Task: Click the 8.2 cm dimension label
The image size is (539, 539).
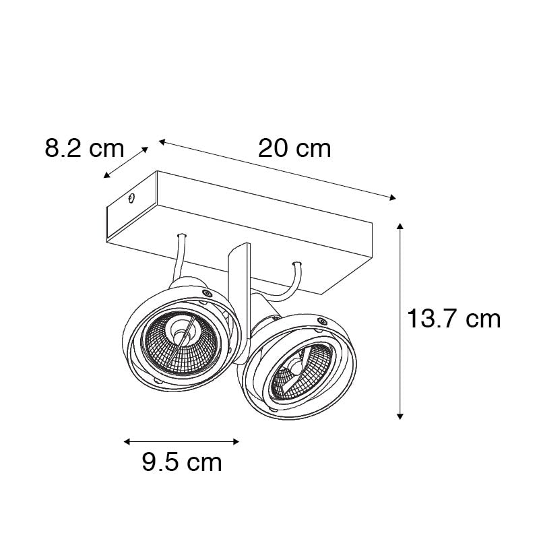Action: [x=84, y=148]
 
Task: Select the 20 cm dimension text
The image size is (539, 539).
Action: [x=294, y=148]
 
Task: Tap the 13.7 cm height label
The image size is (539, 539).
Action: [x=453, y=319]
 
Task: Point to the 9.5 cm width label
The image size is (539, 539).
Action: [x=182, y=462]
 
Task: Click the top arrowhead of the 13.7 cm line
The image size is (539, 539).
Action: [x=400, y=226]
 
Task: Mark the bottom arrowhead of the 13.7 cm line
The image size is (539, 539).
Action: [x=400, y=416]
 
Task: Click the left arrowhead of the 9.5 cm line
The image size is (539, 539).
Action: [x=127, y=442]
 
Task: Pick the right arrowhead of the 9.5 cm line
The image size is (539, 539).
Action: [x=236, y=442]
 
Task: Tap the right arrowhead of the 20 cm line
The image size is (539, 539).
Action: [x=393, y=197]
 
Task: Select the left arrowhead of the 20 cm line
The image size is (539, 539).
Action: [x=162, y=141]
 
